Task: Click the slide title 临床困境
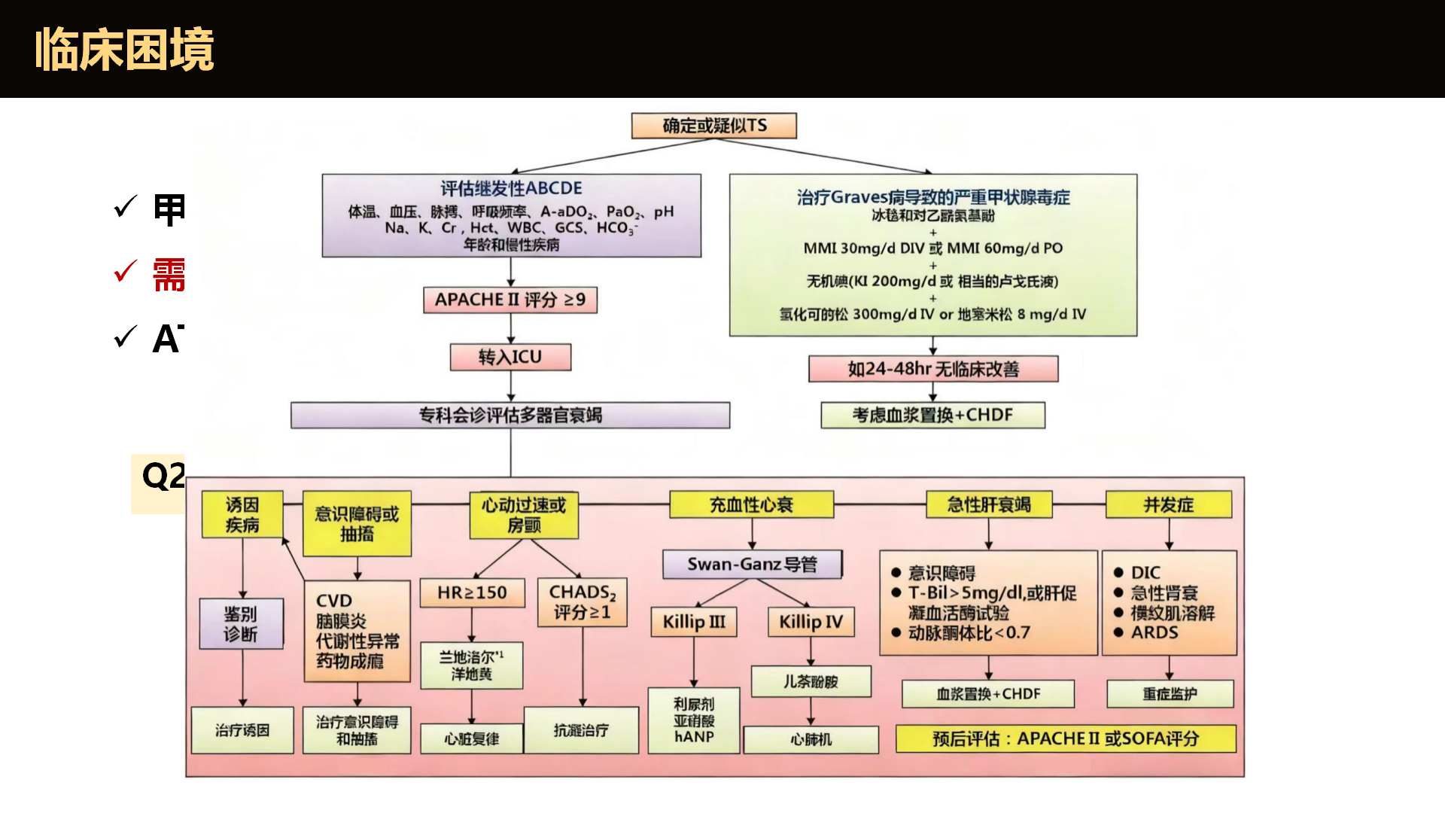pos(124,50)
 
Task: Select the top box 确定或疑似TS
pos(713,126)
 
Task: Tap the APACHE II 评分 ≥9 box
pos(510,300)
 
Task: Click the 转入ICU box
pos(510,357)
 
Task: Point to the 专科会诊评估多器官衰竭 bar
pos(510,415)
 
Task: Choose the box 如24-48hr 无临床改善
pos(933,369)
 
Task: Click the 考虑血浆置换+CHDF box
pos(932,415)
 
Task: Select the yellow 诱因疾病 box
pos(242,514)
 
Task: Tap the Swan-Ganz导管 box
pos(752,564)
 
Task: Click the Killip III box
pos(694,622)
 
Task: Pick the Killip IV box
pos(811,622)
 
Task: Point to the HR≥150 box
pos(472,592)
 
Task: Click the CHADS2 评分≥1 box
pos(582,602)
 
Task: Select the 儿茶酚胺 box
pos(811,681)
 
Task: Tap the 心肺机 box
pos(811,739)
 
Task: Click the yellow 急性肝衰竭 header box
pos(989,504)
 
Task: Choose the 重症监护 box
pos(1170,693)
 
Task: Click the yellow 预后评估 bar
pos(1066,738)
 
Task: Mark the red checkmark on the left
pos(125,271)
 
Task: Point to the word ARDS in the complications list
pos(1154,632)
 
